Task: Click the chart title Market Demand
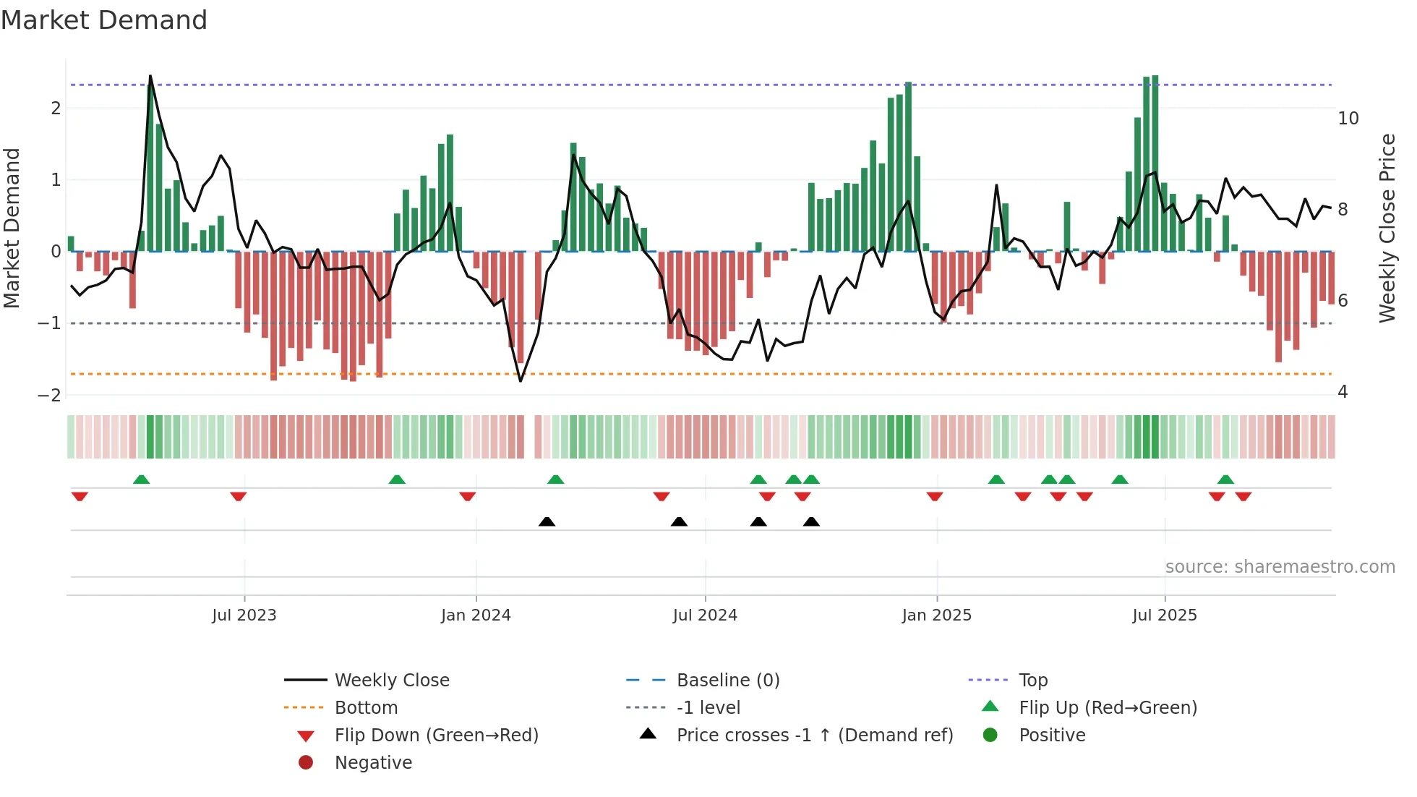[x=104, y=20]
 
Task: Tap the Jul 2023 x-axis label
[x=244, y=615]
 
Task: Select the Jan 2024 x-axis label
[x=476, y=615]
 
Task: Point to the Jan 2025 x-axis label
[x=936, y=615]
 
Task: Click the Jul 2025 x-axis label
[x=1164, y=615]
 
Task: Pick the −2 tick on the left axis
[x=50, y=395]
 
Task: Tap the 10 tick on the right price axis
[x=1348, y=118]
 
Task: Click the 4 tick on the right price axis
[x=1343, y=391]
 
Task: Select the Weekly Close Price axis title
[x=1387, y=228]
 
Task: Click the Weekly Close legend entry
[x=391, y=680]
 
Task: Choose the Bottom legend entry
[x=366, y=707]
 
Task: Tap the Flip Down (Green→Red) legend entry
[x=436, y=735]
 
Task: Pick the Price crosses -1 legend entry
[x=814, y=735]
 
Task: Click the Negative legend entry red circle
[x=306, y=762]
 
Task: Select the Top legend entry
[x=1032, y=680]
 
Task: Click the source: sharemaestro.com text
[x=1280, y=566]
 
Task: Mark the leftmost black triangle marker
[x=547, y=521]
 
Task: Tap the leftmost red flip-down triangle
[x=80, y=496]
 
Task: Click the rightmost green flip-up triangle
[x=1225, y=480]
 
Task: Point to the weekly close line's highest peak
[x=150, y=76]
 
